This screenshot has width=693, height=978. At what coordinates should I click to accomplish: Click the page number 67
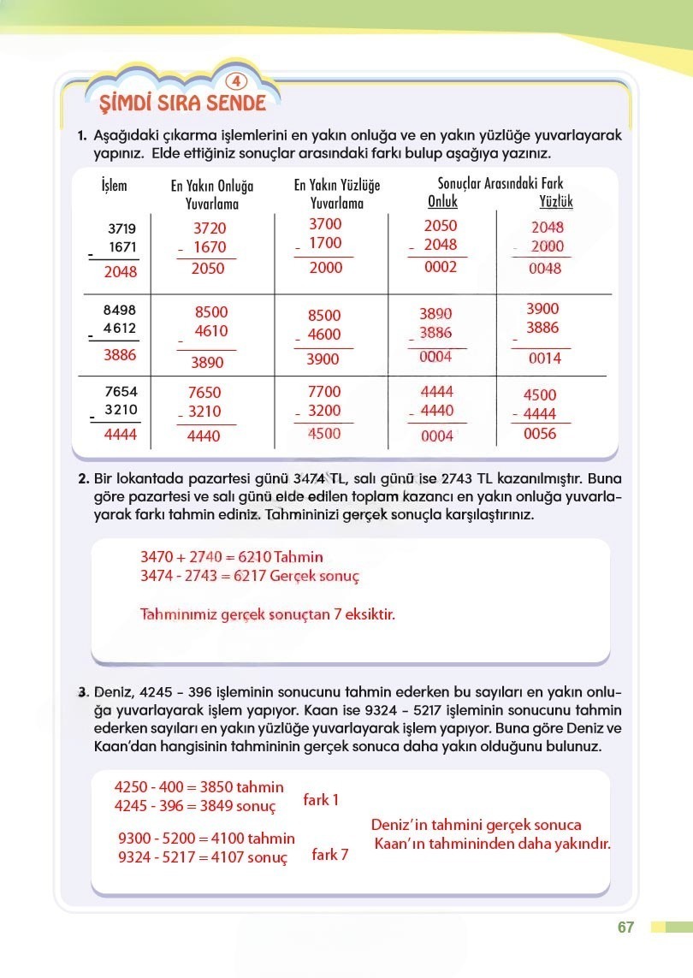625,928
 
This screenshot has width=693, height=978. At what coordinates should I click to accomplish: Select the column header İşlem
114,186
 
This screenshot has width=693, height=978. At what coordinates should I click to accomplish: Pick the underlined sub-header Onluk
442,202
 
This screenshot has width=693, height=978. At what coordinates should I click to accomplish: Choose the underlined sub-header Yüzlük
556,202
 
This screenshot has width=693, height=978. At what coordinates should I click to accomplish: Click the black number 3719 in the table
122,228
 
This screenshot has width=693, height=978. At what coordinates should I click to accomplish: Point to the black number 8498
119,311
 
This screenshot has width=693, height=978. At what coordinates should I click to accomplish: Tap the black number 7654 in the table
121,391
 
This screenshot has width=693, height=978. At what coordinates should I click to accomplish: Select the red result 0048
546,269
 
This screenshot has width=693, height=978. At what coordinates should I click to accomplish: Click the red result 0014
544,359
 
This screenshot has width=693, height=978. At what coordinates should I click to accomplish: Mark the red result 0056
540,434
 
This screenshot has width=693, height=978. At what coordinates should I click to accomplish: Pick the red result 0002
441,266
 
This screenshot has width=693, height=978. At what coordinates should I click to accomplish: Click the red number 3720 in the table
210,228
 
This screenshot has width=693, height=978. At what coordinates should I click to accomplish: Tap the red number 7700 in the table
323,391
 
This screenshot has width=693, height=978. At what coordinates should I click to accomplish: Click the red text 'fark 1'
321,800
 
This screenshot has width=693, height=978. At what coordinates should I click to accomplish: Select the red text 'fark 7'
329,854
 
